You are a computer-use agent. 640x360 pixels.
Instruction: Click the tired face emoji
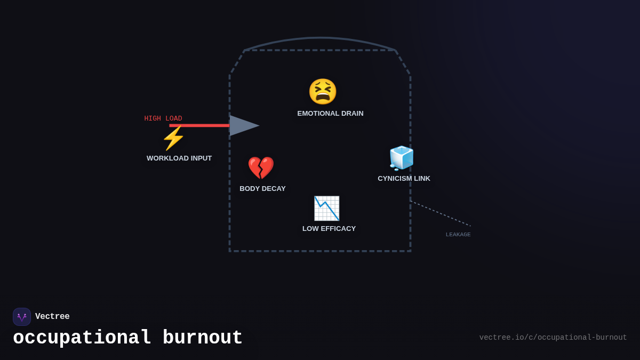point(323,92)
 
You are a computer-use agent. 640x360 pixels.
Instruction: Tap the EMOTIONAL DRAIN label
point(330,114)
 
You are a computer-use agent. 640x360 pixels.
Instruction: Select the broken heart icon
point(261,168)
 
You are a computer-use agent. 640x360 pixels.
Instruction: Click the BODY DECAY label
point(262,189)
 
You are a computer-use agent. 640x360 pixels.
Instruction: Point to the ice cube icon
point(402,158)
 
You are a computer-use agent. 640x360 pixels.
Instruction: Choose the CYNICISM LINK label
point(404,179)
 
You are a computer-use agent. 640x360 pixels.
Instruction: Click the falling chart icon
point(326,209)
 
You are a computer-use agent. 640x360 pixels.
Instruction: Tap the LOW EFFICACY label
point(329,229)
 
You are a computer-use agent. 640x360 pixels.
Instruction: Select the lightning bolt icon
point(173,139)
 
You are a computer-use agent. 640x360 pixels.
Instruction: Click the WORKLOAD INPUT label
point(179,158)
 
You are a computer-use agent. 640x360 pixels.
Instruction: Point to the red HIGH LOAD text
point(163,118)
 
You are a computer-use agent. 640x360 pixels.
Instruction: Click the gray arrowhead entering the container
point(243,126)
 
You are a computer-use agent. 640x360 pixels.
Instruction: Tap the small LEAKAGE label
point(458,235)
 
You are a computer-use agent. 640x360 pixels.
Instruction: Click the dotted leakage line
point(440,213)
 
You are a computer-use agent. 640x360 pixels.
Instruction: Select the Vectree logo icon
point(22,317)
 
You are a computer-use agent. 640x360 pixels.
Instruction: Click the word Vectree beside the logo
point(52,317)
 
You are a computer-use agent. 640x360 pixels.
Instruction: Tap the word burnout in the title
point(203,338)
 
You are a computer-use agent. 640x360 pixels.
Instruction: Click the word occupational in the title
point(82,338)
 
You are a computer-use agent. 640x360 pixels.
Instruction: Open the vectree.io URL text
point(553,338)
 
